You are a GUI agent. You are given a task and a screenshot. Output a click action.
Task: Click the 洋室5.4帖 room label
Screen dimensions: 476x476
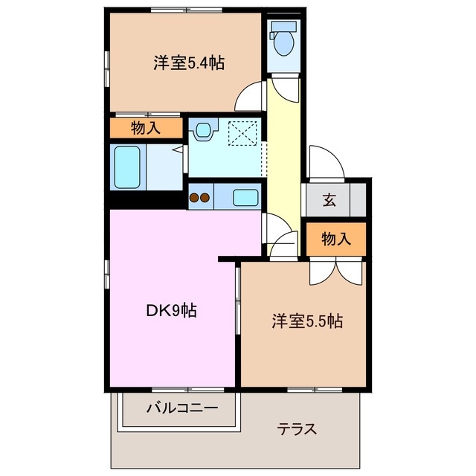coord(189,63)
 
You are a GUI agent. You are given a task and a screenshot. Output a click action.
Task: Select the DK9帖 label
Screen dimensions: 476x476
coord(170,311)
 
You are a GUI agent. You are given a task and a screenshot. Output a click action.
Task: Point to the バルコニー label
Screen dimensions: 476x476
coord(181,408)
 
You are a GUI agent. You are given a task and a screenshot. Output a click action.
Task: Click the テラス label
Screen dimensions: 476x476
coord(297,429)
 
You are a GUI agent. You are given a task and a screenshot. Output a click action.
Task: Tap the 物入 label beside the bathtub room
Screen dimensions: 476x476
coord(146,127)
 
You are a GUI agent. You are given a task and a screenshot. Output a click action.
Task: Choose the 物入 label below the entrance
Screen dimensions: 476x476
coord(336,239)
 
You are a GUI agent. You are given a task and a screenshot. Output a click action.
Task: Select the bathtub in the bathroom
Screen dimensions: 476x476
coord(127,167)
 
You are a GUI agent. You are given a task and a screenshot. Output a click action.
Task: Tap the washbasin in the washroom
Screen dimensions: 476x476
coord(202,132)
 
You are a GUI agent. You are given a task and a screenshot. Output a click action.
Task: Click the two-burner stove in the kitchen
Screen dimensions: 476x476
coord(199,198)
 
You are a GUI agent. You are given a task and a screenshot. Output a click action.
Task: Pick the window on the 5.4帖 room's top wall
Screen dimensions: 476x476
coord(186,10)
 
